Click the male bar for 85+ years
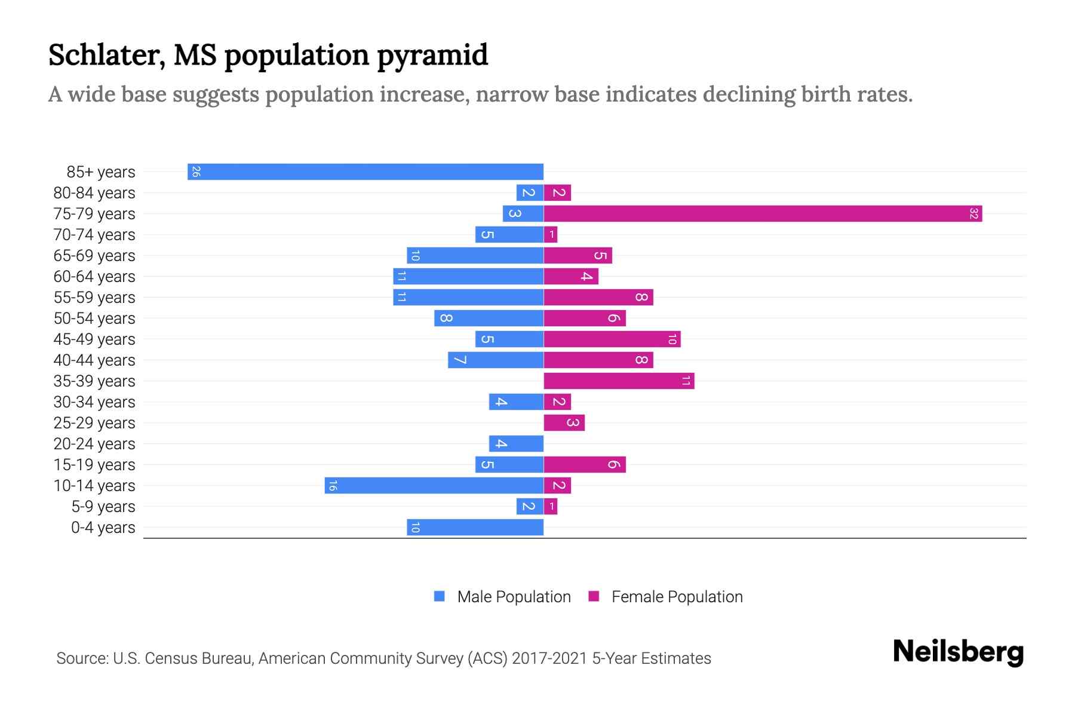(365, 172)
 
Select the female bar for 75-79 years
(763, 214)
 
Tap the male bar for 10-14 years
(434, 486)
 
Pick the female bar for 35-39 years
(619, 381)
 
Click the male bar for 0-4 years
(475, 528)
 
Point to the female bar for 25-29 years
(564, 423)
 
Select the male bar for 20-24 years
(516, 444)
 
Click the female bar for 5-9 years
(551, 507)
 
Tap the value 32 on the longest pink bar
(973, 214)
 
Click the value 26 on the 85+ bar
(196, 172)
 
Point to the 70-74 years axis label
(94, 235)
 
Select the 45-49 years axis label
(94, 339)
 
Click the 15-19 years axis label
(94, 465)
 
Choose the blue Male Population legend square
(440, 596)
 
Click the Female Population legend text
(677, 597)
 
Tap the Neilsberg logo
(958, 652)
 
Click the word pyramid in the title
(432, 56)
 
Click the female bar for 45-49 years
(612, 339)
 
